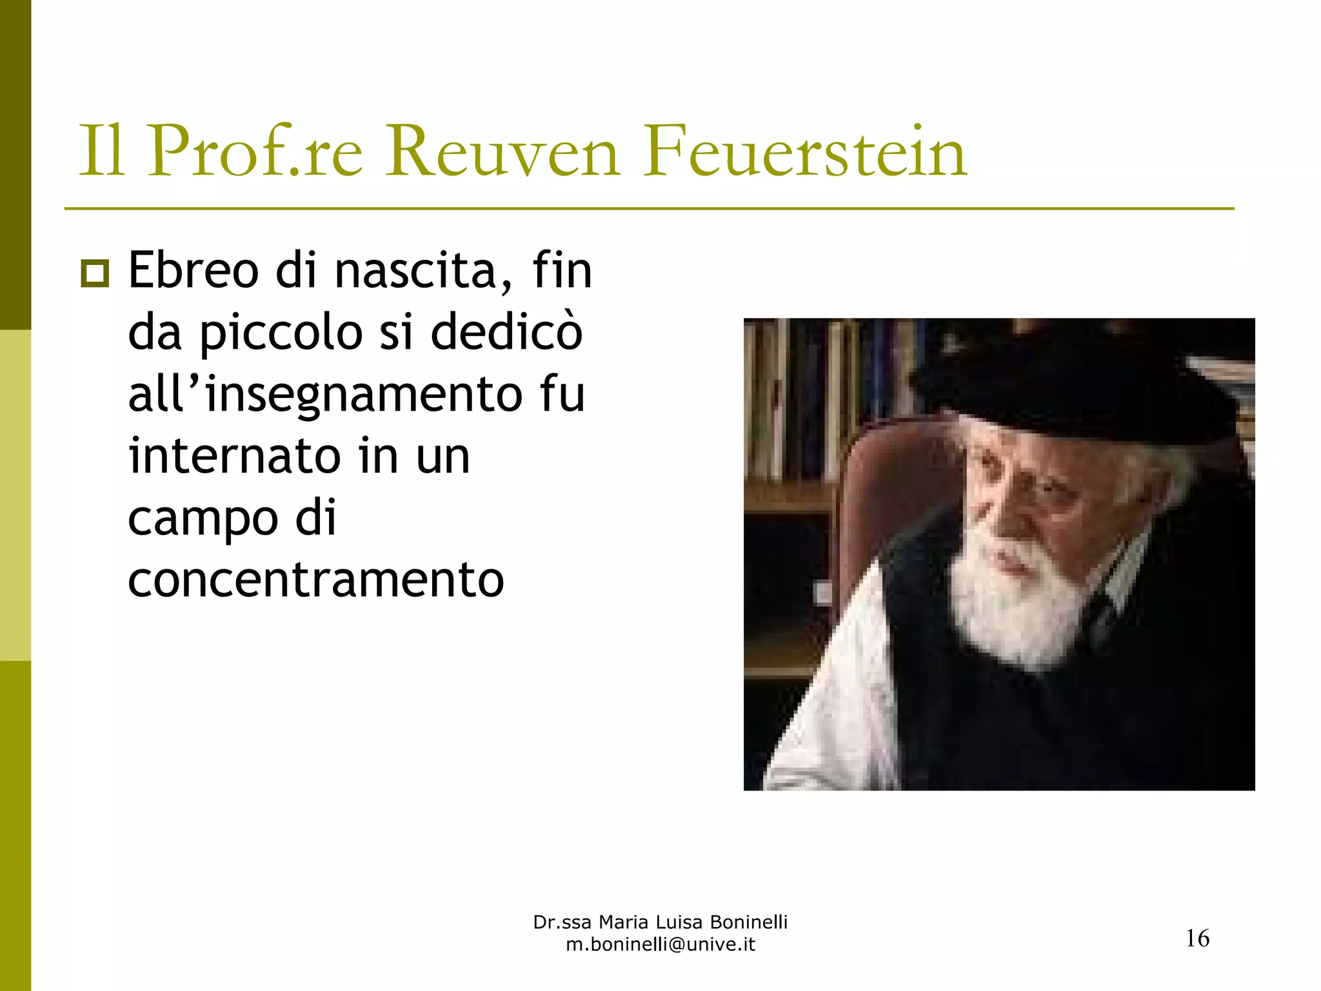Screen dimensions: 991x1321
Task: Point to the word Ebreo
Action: pos(194,271)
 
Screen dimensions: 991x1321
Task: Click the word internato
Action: pos(234,456)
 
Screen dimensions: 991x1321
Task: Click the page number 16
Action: pos(1198,938)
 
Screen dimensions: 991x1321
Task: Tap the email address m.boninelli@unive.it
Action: pos(660,945)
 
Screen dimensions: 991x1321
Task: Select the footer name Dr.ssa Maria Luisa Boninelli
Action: pos(660,922)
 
